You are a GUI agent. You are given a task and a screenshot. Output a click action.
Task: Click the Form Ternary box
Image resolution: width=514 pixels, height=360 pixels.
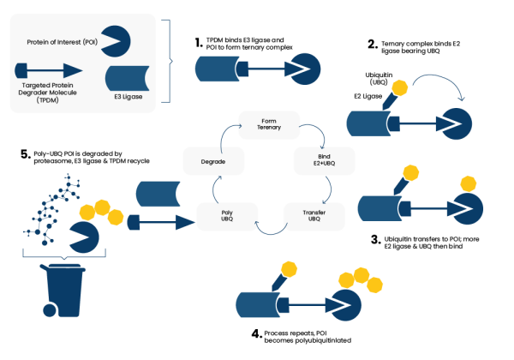[x=269, y=124]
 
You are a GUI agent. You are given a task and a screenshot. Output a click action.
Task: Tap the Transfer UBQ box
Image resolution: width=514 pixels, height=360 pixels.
[x=314, y=216]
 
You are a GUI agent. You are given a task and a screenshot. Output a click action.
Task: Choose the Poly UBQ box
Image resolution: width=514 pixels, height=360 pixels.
[x=226, y=216]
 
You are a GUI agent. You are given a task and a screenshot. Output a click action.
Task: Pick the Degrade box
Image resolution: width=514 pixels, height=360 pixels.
[x=213, y=160]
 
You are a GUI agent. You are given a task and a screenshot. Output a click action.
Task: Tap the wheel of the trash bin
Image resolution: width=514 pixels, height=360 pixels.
[x=50, y=310]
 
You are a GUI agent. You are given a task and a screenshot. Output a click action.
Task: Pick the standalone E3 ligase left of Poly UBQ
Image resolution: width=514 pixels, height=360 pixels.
[x=157, y=195]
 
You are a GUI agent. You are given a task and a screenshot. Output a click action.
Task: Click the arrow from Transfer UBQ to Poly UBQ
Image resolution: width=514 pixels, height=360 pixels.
[x=270, y=231]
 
